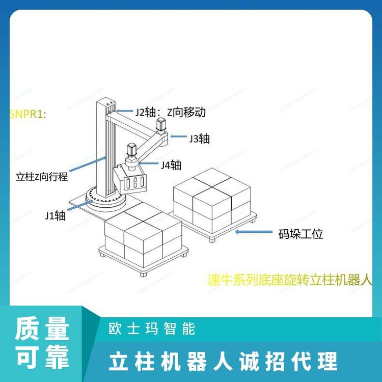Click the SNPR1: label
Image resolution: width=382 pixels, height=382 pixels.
coord(28,114)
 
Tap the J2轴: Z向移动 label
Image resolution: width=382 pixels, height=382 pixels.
coord(170,112)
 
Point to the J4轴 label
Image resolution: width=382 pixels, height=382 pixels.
coord(171,165)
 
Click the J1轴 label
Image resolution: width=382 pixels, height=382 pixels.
coord(55,215)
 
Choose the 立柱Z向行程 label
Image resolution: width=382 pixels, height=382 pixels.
coord(42,177)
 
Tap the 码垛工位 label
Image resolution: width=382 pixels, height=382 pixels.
coord(301,234)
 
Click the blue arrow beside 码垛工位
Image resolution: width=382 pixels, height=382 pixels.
coord(254,232)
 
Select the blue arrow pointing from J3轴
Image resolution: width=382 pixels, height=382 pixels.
coord(178,137)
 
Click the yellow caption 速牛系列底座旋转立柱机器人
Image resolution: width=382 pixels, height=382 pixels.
coord(290,280)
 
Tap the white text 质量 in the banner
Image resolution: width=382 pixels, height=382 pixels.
coord(42,330)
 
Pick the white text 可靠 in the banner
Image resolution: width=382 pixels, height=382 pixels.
coord(42,358)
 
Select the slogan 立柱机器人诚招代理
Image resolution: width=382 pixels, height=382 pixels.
coord(223,361)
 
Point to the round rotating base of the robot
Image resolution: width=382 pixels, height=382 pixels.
coord(104,199)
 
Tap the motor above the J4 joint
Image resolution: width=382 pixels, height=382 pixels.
coord(131,151)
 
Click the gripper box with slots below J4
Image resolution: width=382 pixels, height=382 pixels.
coord(134,181)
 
